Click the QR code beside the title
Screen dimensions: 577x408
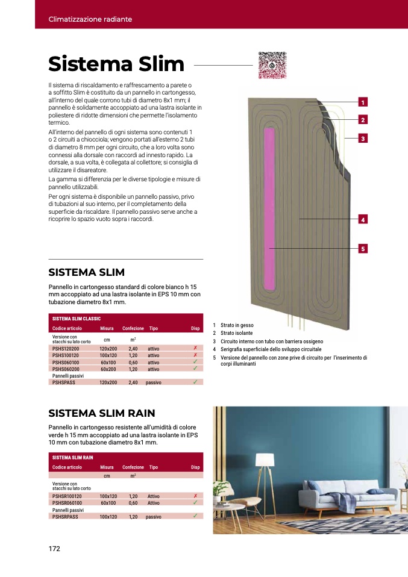pos(272,65)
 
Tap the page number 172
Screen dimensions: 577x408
pos(55,548)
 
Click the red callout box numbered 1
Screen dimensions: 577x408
pos(363,102)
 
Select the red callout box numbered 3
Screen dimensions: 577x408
pos(363,139)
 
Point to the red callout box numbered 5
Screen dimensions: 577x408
pos(363,248)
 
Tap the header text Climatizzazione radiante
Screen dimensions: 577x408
pos(90,19)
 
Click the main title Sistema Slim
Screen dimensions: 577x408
pos(116,64)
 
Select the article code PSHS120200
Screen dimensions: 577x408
pos(66,349)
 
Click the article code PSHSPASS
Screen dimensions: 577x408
pos(63,382)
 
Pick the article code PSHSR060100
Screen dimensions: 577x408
pos(67,502)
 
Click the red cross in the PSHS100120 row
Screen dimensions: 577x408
pos(195,355)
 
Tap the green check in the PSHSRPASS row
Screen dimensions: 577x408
pos(195,516)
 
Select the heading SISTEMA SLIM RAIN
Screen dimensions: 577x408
pos(102,413)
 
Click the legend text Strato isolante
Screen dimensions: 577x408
pos(236,333)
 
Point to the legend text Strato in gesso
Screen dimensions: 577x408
pos(237,325)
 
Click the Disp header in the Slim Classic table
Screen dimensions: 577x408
pos(195,328)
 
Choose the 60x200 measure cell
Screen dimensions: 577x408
pos(108,369)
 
